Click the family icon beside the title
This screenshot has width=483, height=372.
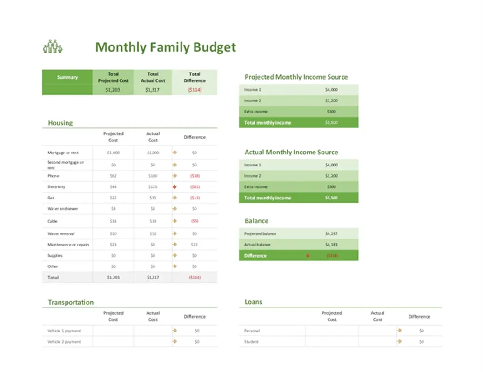[53, 46]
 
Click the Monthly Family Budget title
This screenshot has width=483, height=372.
[165, 47]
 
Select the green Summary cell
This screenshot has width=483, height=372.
[67, 77]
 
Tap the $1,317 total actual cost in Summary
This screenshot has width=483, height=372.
[153, 90]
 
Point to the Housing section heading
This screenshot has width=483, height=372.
[60, 123]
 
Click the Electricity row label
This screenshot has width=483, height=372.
[56, 187]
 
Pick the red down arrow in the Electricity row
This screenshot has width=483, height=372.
[175, 187]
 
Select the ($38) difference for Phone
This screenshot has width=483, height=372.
[195, 176]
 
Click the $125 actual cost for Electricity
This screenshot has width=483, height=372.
[153, 187]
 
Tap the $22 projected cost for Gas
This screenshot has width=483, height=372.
[113, 198]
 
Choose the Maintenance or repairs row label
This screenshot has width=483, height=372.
[68, 245]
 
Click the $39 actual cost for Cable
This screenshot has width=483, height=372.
[153, 221]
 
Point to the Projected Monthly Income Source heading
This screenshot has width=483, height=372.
[296, 77]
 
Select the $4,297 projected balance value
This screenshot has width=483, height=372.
[331, 233]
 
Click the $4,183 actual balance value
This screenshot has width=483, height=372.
[331, 245]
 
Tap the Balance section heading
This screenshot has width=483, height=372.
[256, 221]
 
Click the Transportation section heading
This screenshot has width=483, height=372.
[71, 302]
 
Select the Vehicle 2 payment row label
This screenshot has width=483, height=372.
[64, 342]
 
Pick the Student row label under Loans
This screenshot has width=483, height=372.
[251, 342]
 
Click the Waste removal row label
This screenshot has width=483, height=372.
[61, 233]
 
